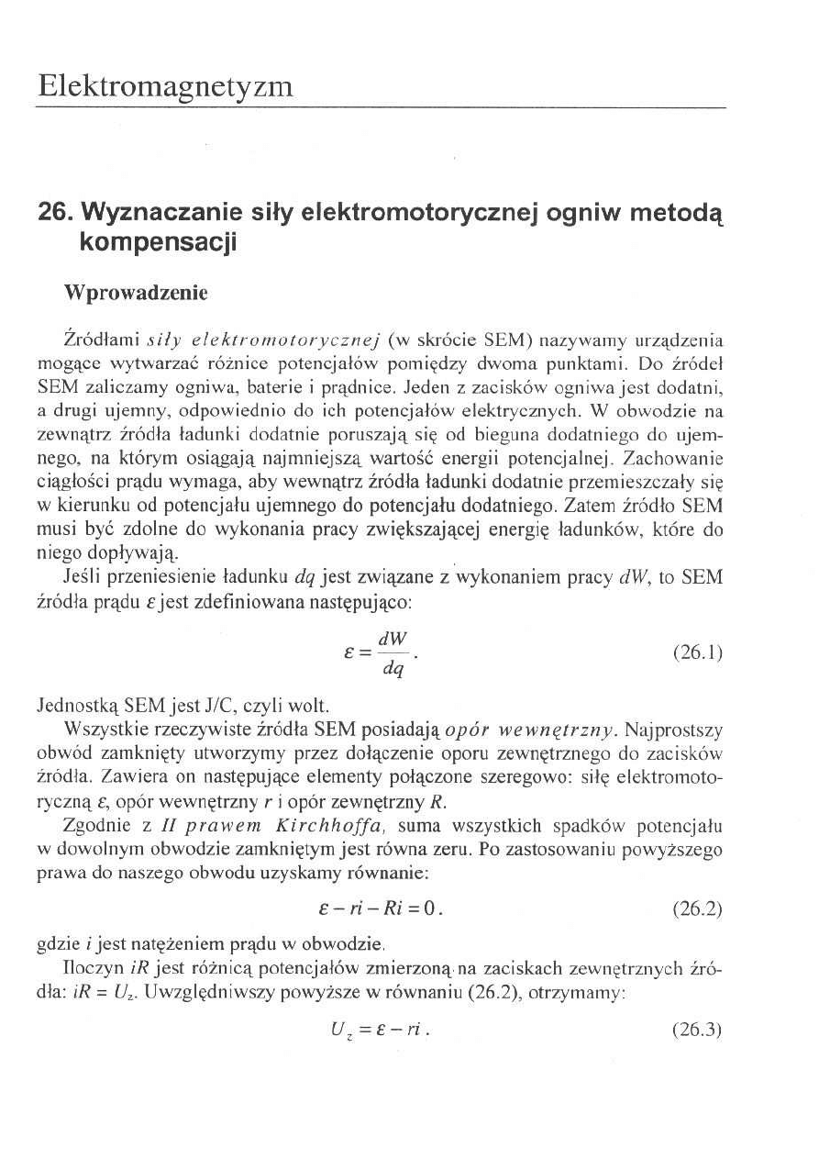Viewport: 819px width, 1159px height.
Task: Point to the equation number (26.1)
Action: point(698,654)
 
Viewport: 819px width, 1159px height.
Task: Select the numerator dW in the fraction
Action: point(398,638)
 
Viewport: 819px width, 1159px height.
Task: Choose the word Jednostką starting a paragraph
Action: point(72,707)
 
